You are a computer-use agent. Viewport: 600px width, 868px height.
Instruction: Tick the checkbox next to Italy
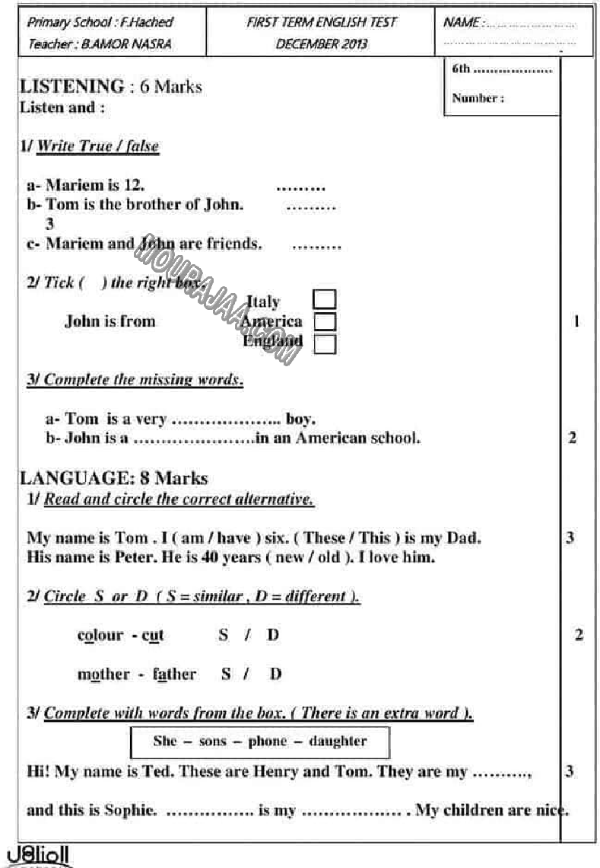pyautogui.click(x=325, y=299)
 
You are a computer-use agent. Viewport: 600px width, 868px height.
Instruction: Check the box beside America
pyautogui.click(x=325, y=321)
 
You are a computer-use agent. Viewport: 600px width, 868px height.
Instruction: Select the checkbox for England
pyautogui.click(x=325, y=343)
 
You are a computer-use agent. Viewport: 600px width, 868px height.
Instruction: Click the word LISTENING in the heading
pyautogui.click(x=71, y=87)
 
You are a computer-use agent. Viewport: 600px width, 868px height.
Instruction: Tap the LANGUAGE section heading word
pyautogui.click(x=71, y=478)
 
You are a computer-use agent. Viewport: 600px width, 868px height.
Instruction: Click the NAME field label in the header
pyautogui.click(x=461, y=23)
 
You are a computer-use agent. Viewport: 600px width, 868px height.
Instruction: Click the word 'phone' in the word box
pyautogui.click(x=268, y=741)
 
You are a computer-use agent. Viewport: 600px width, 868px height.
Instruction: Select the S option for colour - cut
pyautogui.click(x=223, y=634)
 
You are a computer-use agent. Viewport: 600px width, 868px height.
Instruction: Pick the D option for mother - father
pyautogui.click(x=275, y=674)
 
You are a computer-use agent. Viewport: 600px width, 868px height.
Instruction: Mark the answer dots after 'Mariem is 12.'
pyautogui.click(x=300, y=187)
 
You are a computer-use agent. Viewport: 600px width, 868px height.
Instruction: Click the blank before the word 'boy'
pyautogui.click(x=227, y=420)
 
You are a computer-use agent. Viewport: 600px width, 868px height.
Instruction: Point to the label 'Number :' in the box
pyautogui.click(x=478, y=98)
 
